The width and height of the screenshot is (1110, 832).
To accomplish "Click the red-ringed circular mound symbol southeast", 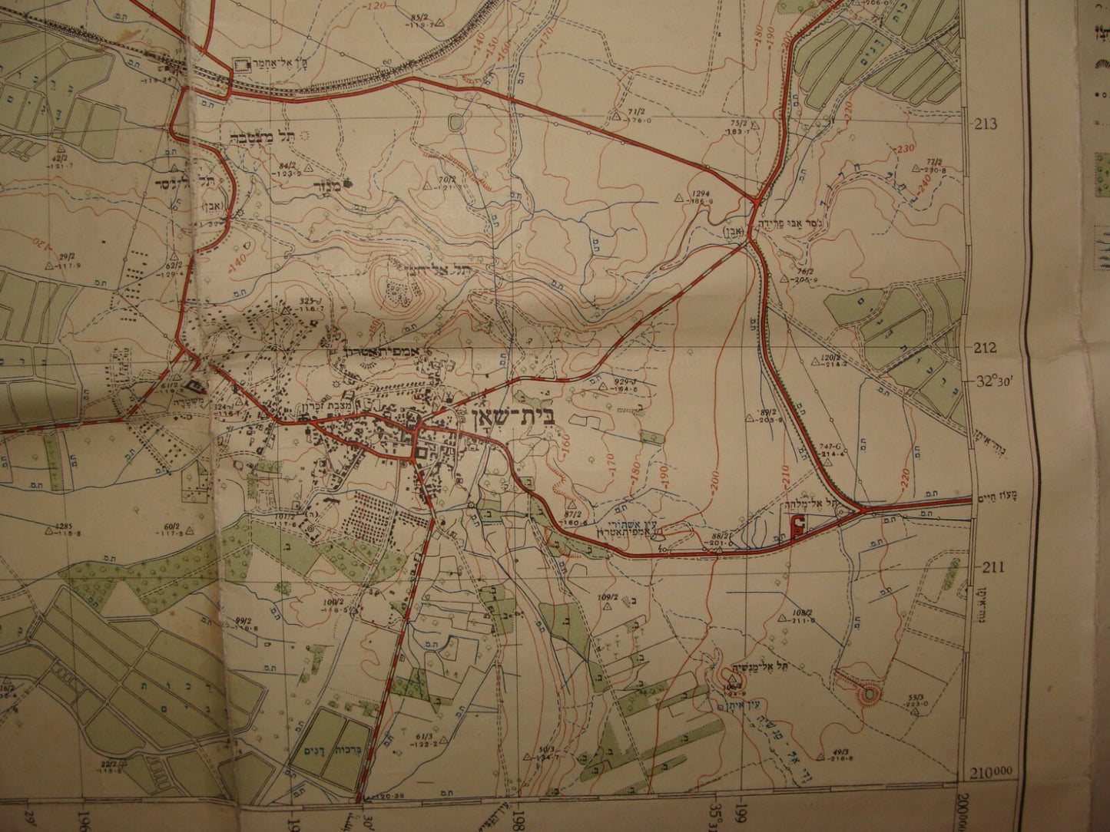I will click(868, 694).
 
